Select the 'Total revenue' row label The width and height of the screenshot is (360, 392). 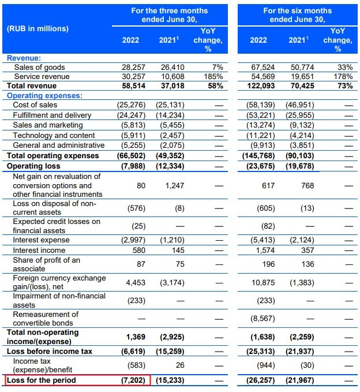32,85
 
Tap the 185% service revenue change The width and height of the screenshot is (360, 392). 213,76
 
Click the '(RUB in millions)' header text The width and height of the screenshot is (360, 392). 37,28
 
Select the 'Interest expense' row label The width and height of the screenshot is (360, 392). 41,240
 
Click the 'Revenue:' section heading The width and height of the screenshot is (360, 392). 24,58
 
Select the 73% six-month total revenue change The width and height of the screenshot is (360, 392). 344,85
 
